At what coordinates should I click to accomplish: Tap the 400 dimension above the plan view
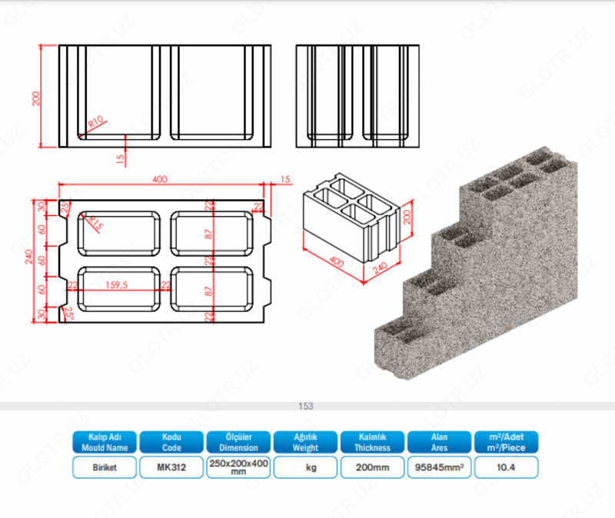[159, 180]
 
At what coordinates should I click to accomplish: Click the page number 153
[307, 406]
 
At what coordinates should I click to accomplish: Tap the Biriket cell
[105, 467]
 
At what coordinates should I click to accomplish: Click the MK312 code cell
[171, 467]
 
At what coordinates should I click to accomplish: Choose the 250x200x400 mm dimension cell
[238, 467]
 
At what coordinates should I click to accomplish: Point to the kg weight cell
[305, 467]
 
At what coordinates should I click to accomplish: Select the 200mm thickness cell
[372, 467]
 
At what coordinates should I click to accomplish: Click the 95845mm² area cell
[439, 467]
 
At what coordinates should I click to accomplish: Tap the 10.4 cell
[506, 467]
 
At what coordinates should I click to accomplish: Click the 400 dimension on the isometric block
[335, 261]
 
